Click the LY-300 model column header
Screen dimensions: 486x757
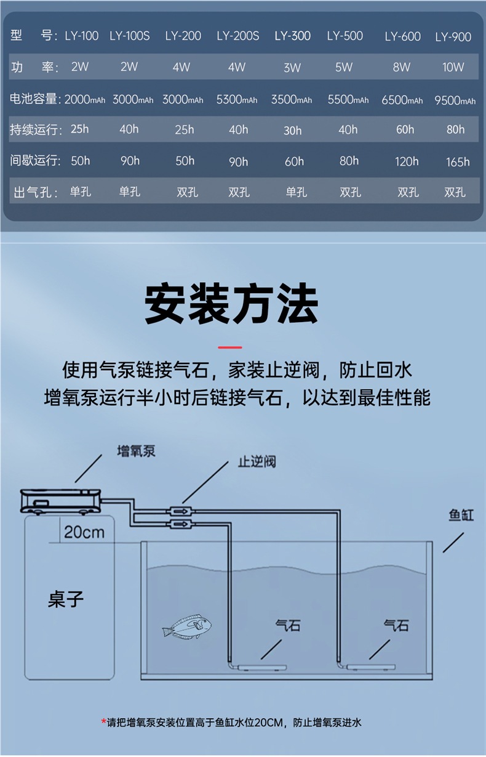tap(292, 36)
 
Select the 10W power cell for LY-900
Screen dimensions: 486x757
tap(453, 67)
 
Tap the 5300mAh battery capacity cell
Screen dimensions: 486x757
tap(237, 99)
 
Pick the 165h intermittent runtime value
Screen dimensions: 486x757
tap(458, 162)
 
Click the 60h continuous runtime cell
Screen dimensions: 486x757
tap(405, 129)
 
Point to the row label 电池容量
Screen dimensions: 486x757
tap(35, 99)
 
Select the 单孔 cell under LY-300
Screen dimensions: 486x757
tap(297, 192)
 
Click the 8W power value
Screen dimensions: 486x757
tap(402, 67)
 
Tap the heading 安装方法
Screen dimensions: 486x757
tap(232, 304)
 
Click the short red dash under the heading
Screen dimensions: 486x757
tap(231, 347)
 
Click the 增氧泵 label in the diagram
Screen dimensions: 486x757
tap(137, 451)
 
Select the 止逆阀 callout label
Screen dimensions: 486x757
tap(257, 462)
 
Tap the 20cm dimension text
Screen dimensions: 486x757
tap(84, 532)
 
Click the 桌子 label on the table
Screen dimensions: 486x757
tap(66, 599)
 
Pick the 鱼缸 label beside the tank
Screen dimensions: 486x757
tap(461, 515)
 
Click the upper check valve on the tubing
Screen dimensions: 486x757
tap(180, 511)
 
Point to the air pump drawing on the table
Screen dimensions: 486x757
tap(60, 500)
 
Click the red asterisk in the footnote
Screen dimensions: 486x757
tap(104, 722)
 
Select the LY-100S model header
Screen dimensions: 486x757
tap(130, 36)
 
